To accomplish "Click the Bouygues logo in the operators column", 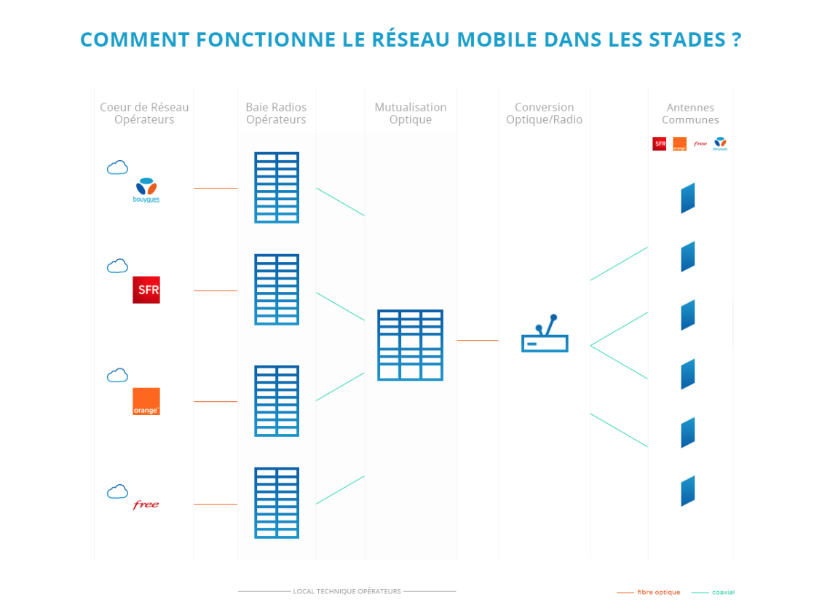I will coord(146,189).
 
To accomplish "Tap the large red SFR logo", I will coord(146,290).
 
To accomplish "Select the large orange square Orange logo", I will coord(146,401).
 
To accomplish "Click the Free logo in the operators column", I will coord(146,505).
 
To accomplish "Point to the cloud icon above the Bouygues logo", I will coord(117,168).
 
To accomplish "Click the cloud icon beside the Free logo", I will coord(117,492).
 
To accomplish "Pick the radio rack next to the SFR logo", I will coord(277,289).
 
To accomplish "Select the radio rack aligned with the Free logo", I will coord(277,503).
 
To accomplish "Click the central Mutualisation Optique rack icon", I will coord(410,345).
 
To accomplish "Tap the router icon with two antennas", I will coord(545,336).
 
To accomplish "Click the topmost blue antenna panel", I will coord(687,198).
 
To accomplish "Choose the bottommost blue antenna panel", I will coord(687,491).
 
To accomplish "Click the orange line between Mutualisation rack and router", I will coord(477,341).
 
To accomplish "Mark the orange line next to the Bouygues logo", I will coord(216,188).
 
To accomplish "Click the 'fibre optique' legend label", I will coord(658,593).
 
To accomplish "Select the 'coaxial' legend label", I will coord(723,593).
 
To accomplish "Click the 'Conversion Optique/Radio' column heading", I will coord(544,114).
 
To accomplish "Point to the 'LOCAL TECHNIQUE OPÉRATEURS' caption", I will coord(347,591).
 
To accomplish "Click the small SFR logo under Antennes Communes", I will coord(660,144).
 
